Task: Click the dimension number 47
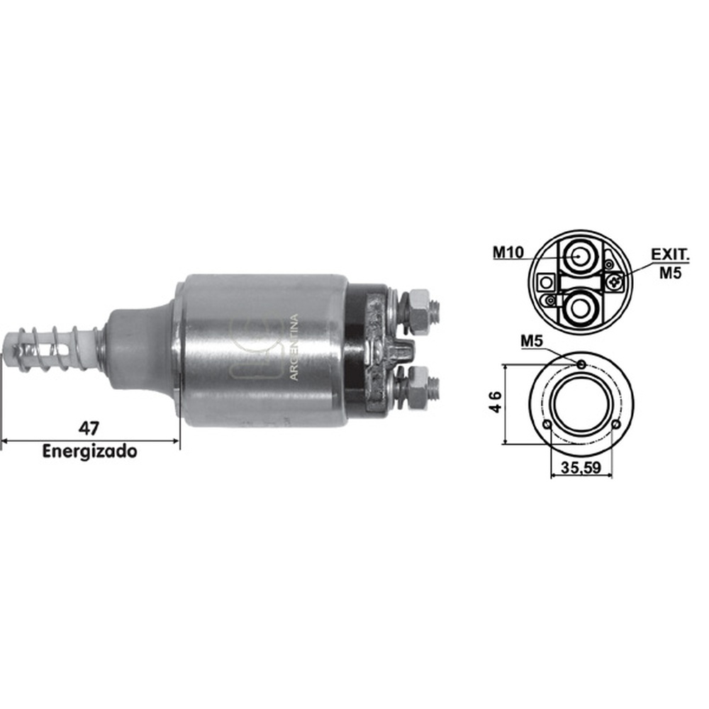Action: pyautogui.click(x=89, y=428)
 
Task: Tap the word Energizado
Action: pyautogui.click(x=89, y=451)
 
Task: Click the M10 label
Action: pyautogui.click(x=508, y=252)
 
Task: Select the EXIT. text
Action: pyautogui.click(x=670, y=254)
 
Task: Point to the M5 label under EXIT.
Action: pyautogui.click(x=670, y=273)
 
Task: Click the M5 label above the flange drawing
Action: pyautogui.click(x=532, y=340)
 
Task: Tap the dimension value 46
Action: pyautogui.click(x=496, y=401)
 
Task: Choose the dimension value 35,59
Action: pyautogui.click(x=581, y=467)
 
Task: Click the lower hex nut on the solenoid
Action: pyautogui.click(x=418, y=388)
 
